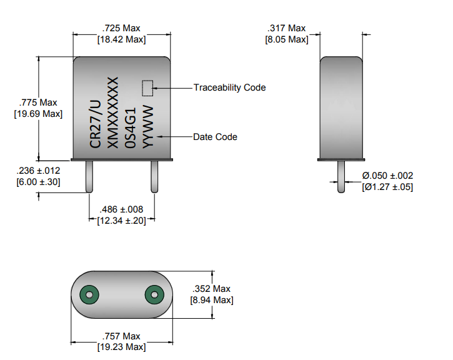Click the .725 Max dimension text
(x=122, y=28)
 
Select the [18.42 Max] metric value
(x=122, y=39)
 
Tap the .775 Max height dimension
(x=38, y=102)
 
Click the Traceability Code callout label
(x=229, y=87)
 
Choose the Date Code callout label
(x=215, y=137)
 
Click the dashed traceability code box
(x=147, y=88)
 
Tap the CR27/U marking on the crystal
(x=96, y=122)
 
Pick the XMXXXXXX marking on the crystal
(x=113, y=113)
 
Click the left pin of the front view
(x=90, y=176)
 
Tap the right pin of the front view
(x=154, y=176)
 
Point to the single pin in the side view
(x=341, y=177)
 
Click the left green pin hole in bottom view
(x=89, y=294)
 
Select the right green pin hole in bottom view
(x=153, y=294)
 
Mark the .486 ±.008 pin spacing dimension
(x=122, y=209)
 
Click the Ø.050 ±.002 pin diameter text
(x=387, y=176)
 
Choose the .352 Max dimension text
(x=211, y=289)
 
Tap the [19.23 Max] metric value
(x=122, y=347)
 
